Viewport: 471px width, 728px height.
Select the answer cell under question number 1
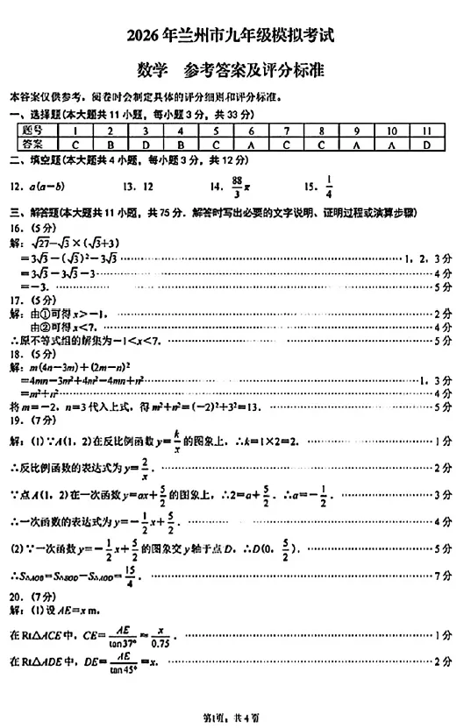(x=77, y=144)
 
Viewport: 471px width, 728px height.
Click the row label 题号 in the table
(x=34, y=131)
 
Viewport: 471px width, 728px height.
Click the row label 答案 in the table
(x=34, y=144)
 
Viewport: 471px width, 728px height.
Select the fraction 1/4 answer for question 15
(x=329, y=185)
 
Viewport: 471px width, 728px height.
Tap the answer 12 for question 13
(x=146, y=186)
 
